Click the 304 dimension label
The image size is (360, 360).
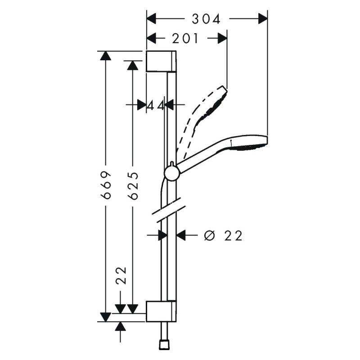(207, 19)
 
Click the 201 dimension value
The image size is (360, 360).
(185, 39)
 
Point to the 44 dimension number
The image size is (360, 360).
(156, 105)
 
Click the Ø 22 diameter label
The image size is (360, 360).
(223, 235)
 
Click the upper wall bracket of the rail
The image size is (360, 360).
(161, 61)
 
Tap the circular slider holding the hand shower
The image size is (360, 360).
(171, 173)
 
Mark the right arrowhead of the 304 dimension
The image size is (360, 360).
(262, 19)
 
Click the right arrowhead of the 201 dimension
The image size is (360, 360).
(222, 39)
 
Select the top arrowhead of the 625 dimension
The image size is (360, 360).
(132, 65)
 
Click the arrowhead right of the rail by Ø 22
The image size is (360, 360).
(181, 235)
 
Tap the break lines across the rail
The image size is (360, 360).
(169, 210)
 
